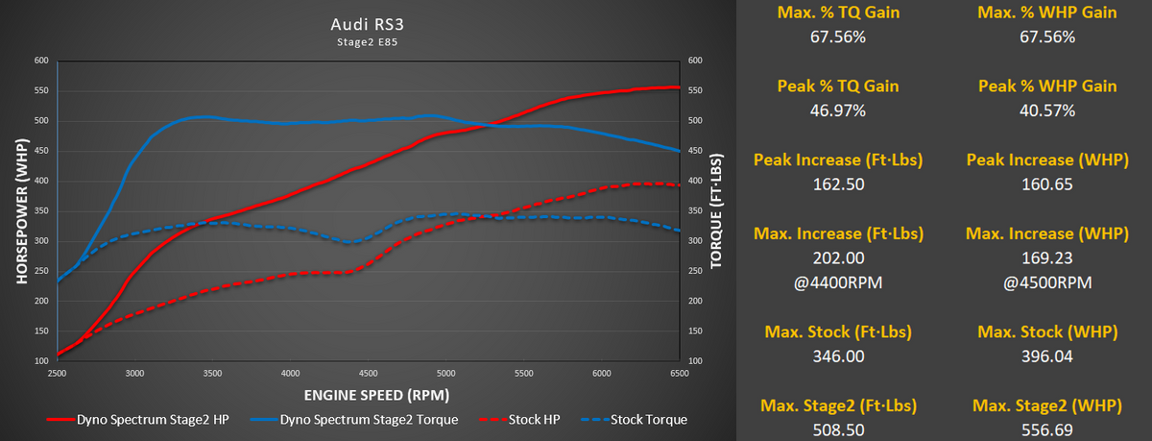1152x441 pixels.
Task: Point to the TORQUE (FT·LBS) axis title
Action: (715, 210)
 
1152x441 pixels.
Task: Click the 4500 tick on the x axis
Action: (370, 373)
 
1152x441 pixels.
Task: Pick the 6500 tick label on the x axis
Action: (680, 373)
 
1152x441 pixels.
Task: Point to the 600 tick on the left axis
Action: (40, 61)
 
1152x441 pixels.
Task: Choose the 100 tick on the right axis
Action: (696, 361)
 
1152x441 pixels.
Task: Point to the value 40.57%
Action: (1047, 110)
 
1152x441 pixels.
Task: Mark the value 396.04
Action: (1047, 357)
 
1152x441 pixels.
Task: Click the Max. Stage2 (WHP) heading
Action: (1047, 406)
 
